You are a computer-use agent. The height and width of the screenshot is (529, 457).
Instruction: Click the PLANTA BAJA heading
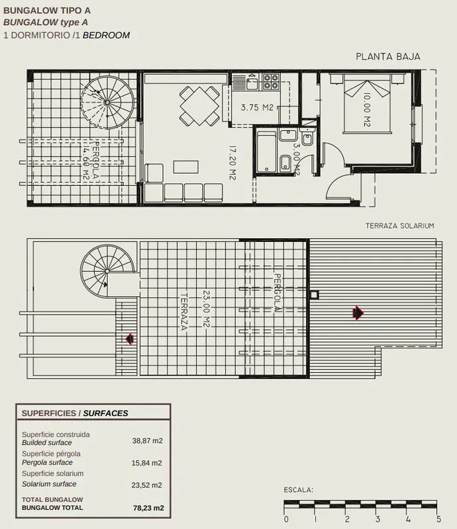[x=388, y=57]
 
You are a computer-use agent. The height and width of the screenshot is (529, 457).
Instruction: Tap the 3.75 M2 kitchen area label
[x=257, y=108]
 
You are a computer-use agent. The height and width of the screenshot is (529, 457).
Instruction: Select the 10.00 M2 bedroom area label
[x=367, y=110]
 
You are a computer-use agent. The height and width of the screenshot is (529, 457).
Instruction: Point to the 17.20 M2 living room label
[x=232, y=163]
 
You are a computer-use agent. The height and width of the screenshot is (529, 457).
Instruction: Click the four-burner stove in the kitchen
[x=271, y=81]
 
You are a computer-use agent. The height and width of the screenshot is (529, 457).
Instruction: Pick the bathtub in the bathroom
[x=266, y=151]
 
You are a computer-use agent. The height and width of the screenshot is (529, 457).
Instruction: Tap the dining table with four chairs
[x=199, y=106]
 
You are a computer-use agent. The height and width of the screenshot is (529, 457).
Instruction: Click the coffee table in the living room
[x=186, y=167]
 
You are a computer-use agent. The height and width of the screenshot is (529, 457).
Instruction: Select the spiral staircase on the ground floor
[x=107, y=102]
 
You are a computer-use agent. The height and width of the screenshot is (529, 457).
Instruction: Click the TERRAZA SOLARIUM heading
[x=400, y=225]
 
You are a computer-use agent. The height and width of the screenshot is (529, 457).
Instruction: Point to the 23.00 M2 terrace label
[x=206, y=309]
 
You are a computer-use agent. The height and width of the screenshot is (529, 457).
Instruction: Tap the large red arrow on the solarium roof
[x=358, y=313]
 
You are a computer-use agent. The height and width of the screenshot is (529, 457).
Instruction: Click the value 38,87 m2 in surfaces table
[x=148, y=440]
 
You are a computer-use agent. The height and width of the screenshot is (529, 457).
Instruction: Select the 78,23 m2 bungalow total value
[x=148, y=508]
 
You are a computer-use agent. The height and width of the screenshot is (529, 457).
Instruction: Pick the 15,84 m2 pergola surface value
[x=146, y=463]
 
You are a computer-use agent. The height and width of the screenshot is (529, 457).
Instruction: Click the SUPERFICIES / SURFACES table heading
[x=75, y=413]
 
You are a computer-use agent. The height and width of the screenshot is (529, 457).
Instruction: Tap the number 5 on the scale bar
[x=438, y=520]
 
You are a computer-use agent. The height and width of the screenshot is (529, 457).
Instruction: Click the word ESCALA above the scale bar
[x=299, y=490]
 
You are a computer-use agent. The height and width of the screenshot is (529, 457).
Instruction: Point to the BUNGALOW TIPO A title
[x=47, y=11]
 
